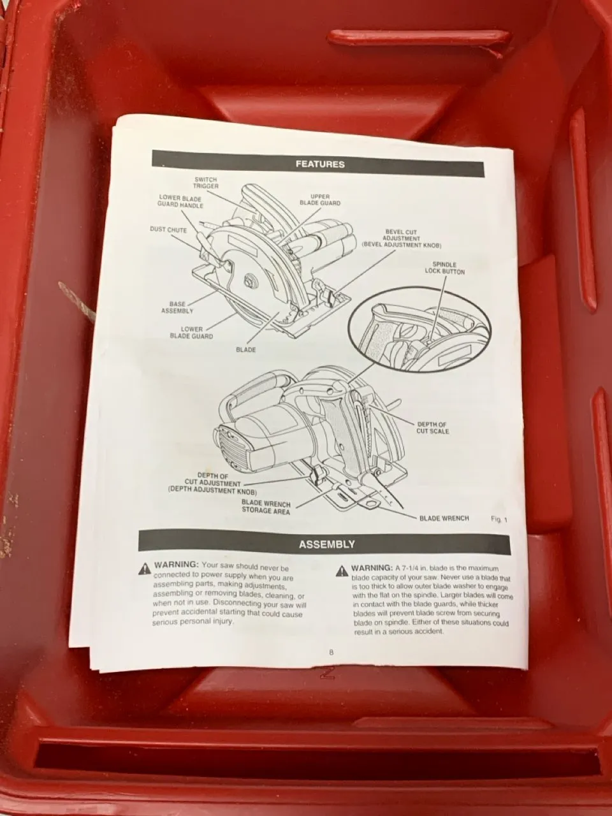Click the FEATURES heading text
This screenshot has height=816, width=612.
(x=320, y=164)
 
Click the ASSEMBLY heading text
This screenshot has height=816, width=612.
(x=327, y=544)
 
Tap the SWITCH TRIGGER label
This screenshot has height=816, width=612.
(x=205, y=182)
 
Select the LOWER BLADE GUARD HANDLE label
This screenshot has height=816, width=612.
(x=180, y=201)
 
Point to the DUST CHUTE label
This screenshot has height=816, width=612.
(x=168, y=229)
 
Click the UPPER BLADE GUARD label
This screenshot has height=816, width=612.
(x=320, y=200)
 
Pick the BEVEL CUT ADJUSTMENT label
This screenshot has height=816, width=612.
(x=402, y=238)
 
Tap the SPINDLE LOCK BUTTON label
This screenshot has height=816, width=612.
(x=445, y=268)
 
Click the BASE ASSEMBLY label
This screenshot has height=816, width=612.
(x=177, y=307)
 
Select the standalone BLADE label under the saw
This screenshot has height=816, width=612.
(x=245, y=350)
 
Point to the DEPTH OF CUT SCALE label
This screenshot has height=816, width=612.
(x=432, y=428)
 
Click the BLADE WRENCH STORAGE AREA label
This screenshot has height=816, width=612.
(x=266, y=507)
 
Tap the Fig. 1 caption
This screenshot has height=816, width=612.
(x=499, y=520)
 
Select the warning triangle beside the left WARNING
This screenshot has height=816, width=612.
(x=144, y=569)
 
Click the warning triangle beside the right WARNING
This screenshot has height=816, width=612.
(x=342, y=571)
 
